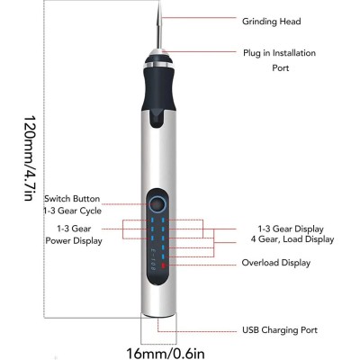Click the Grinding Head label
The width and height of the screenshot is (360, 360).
coord(272,22)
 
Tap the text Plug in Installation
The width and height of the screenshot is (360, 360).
coord(279,53)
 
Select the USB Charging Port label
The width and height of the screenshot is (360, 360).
coord(280,330)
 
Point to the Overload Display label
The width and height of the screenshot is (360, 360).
coord(276,263)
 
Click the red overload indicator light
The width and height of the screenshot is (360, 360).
coord(164,265)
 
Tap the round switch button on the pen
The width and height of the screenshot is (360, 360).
coord(157,205)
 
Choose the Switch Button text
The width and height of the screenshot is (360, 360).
coord(72,199)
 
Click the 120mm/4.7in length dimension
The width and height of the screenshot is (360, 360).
coord(30,157)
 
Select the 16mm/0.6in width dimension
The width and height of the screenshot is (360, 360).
coord(166,353)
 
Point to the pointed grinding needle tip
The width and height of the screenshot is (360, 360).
coord(160,1)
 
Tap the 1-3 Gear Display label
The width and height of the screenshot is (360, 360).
coord(291,229)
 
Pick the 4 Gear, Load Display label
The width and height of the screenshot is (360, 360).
coord(292,239)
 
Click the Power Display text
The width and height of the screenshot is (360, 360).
coord(74,241)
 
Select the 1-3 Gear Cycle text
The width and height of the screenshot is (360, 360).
coord(72,211)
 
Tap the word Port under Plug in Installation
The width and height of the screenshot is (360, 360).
coord(281,67)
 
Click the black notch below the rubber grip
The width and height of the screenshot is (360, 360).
coord(158,119)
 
